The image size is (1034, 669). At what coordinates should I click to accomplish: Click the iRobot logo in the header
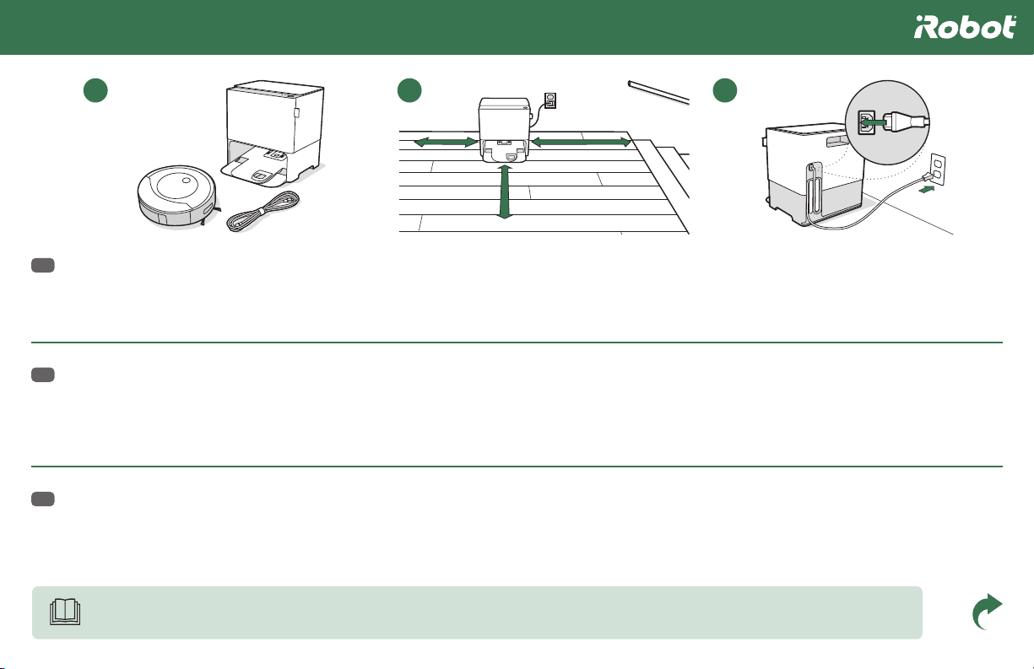click(x=965, y=27)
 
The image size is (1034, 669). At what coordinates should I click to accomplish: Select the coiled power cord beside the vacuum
click(x=263, y=211)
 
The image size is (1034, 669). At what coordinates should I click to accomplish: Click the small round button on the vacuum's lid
click(x=187, y=181)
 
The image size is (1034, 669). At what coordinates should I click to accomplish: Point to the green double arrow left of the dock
click(x=446, y=142)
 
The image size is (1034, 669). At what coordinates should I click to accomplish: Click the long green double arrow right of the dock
click(x=581, y=142)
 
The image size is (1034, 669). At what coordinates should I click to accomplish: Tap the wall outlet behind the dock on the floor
click(x=549, y=100)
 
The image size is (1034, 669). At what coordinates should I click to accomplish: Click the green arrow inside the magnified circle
click(x=874, y=122)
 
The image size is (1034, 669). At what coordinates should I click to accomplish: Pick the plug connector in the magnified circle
click(x=906, y=122)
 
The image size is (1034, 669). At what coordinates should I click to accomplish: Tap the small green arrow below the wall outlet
click(x=927, y=190)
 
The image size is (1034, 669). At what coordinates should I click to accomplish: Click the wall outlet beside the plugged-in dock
click(x=937, y=168)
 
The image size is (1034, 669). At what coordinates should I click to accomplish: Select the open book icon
click(x=65, y=612)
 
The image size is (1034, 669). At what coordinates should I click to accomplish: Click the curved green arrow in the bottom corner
click(x=987, y=612)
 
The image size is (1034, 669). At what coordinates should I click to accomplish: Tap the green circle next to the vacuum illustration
click(x=95, y=90)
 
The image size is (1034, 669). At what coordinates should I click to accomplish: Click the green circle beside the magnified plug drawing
click(x=725, y=90)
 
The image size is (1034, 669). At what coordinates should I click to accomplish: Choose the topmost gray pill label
click(x=43, y=265)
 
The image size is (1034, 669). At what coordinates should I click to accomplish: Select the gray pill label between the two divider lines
click(x=43, y=375)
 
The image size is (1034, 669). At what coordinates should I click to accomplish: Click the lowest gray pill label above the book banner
click(x=43, y=499)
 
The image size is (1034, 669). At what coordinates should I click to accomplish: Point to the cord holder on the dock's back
click(x=815, y=188)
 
